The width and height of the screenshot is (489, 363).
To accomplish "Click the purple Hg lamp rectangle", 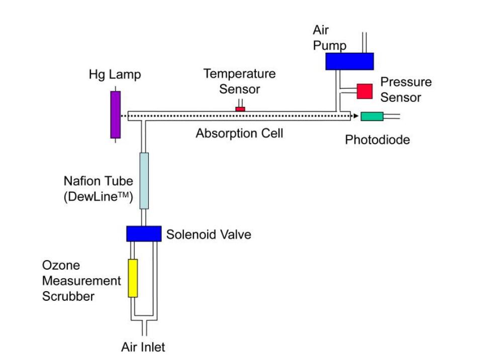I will (116, 114).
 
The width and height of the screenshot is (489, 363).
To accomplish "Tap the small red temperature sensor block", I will (240, 109).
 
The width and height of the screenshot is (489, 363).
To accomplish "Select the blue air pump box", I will (349, 61).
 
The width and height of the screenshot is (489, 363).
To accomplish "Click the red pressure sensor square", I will (365, 91).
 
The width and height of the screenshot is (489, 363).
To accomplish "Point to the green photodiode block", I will (372, 116).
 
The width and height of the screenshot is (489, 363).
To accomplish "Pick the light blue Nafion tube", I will (144, 180).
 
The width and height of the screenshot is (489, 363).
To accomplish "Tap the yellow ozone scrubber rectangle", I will (133, 278).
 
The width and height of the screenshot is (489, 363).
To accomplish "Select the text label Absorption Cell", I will (239, 134).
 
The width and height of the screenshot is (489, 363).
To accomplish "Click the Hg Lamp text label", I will (115, 75).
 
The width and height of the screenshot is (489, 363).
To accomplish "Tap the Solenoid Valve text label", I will (209, 234).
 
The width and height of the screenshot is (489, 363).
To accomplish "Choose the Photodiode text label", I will (377, 140).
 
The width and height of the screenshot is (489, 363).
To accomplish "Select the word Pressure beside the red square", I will (406, 82).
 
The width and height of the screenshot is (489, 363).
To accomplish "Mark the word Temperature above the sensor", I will (240, 74).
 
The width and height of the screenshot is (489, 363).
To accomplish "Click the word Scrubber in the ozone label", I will (68, 296).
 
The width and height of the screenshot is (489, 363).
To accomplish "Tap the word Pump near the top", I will (330, 45).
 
